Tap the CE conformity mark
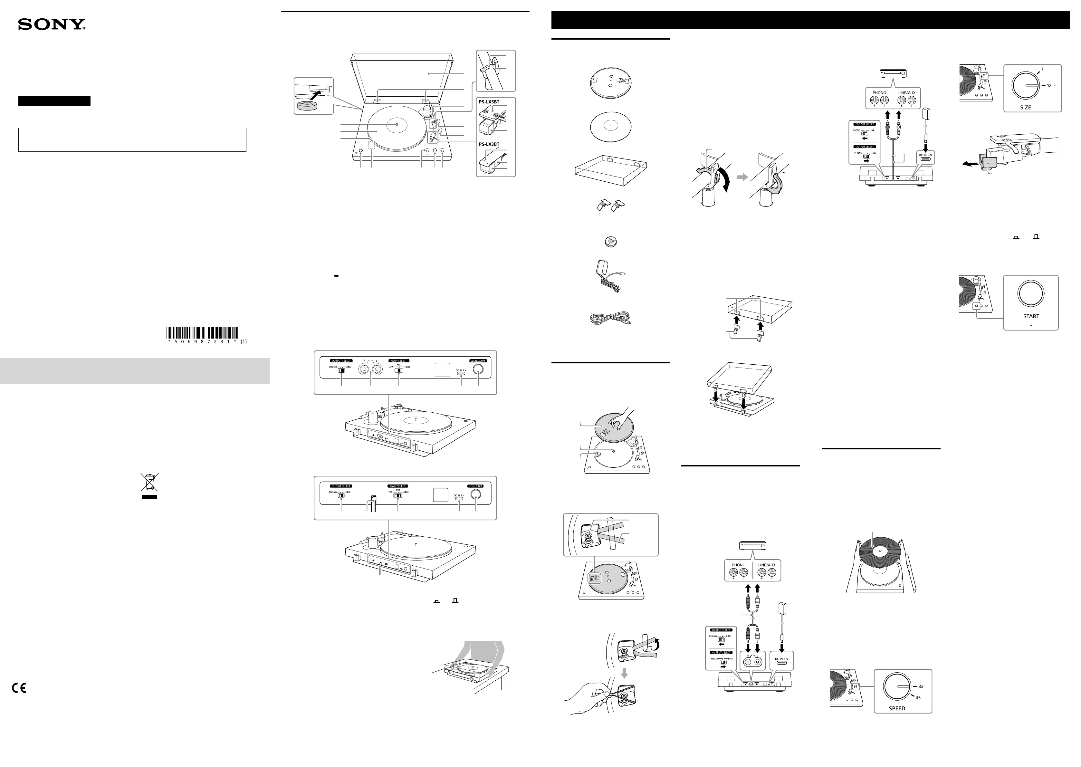(19, 688)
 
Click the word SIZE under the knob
(1025, 107)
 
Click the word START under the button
(1031, 316)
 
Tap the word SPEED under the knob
(897, 708)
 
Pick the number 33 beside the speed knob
(921, 686)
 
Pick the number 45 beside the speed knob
(918, 697)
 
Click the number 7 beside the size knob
(1042, 70)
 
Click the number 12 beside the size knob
(1049, 85)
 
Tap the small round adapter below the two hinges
(611, 242)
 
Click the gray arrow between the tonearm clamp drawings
(742, 177)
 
